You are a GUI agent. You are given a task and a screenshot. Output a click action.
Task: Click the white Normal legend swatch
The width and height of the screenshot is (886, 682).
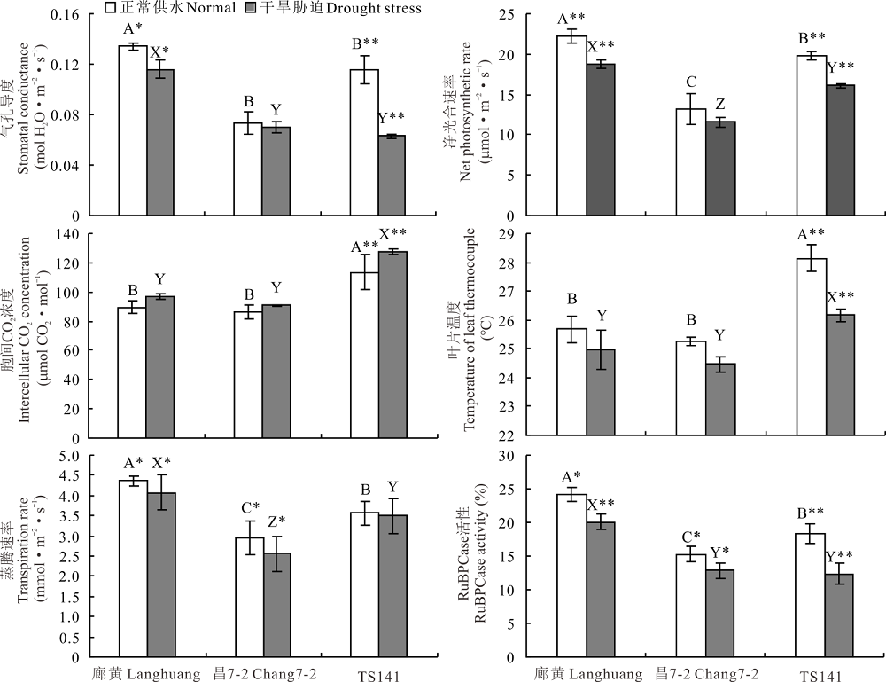[x=112, y=8]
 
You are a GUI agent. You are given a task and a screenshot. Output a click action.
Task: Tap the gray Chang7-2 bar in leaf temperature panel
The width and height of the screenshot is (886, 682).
[x=721, y=399]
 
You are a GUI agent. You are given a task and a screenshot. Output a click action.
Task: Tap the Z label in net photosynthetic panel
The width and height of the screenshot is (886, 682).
[x=721, y=105]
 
